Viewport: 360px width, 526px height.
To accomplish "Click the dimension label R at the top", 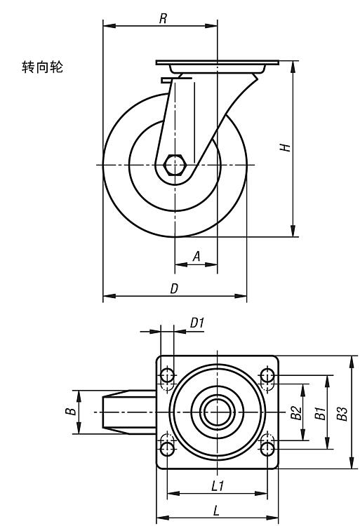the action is (163, 18).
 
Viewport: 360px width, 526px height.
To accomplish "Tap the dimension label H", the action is (285, 147).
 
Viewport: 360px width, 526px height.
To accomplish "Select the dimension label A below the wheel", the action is (196, 257).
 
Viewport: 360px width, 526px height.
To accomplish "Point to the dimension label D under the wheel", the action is (174, 288).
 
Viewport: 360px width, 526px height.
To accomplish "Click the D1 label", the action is (197, 323).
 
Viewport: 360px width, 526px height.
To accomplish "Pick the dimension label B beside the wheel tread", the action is (70, 411).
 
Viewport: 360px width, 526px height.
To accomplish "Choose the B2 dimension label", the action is (296, 412).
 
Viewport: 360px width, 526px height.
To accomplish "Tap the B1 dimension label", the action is (320, 413).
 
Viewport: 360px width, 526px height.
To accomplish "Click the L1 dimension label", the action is (218, 486).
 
